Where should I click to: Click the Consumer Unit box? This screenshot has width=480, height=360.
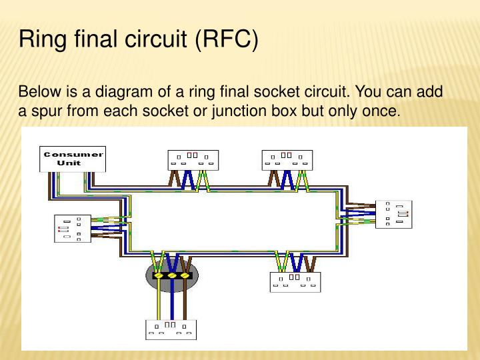73,159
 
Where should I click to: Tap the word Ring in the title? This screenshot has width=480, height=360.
39,39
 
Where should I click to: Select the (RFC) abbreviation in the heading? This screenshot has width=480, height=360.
226,39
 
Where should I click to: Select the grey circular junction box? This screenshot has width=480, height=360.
172,275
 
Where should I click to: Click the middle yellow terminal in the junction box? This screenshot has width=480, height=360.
172,275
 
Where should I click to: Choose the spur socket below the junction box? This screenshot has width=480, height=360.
172,329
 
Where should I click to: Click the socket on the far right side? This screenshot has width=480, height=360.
393,214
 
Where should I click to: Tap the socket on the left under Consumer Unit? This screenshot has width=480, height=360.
72,229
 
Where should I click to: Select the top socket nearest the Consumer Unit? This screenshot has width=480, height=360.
192,160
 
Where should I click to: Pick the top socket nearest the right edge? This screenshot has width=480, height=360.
287,160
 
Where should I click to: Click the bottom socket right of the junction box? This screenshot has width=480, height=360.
295,281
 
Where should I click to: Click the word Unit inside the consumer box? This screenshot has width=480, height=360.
69,163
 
